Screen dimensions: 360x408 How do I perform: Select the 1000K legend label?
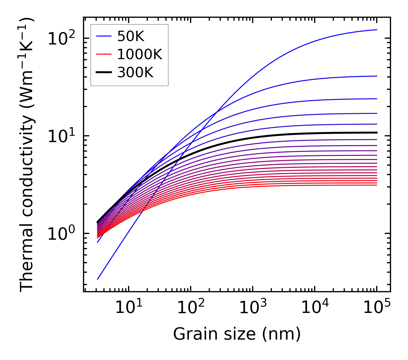coord(140,54)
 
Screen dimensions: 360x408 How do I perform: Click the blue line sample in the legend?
coord(103,36)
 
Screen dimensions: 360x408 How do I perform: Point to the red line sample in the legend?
coord(103,54)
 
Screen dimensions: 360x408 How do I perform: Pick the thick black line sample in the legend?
coord(103,73)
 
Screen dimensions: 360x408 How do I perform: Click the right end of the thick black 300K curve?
coord(376,133)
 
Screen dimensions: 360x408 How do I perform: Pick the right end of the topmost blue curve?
coord(376,30)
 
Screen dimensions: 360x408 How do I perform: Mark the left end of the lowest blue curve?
coord(98,279)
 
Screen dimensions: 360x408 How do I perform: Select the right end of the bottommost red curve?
coord(376,185)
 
